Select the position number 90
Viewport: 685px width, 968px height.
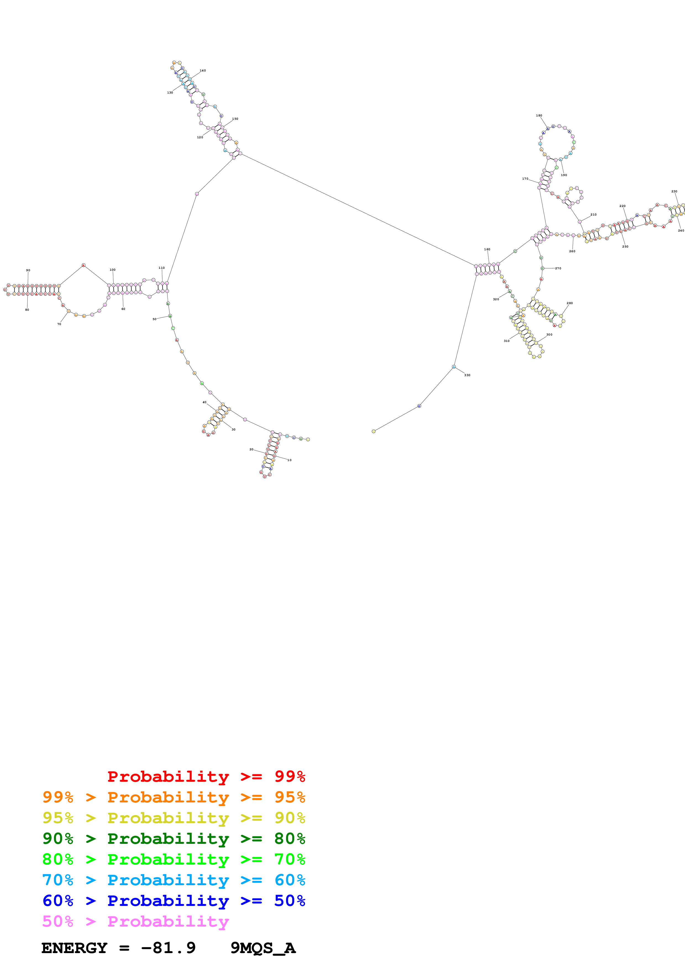click(x=28, y=270)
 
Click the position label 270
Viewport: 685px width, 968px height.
click(x=558, y=268)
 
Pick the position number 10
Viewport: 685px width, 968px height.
click(x=290, y=460)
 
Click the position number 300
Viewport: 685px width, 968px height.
click(x=549, y=335)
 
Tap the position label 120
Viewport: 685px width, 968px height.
click(x=200, y=137)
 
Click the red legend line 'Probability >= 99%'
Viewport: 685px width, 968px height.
click(x=206, y=776)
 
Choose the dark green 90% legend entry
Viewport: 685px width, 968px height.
click(x=174, y=839)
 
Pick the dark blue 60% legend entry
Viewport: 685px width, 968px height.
click(x=174, y=901)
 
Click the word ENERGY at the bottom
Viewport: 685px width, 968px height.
click(x=74, y=948)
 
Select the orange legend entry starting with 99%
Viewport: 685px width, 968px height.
click(x=174, y=797)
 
